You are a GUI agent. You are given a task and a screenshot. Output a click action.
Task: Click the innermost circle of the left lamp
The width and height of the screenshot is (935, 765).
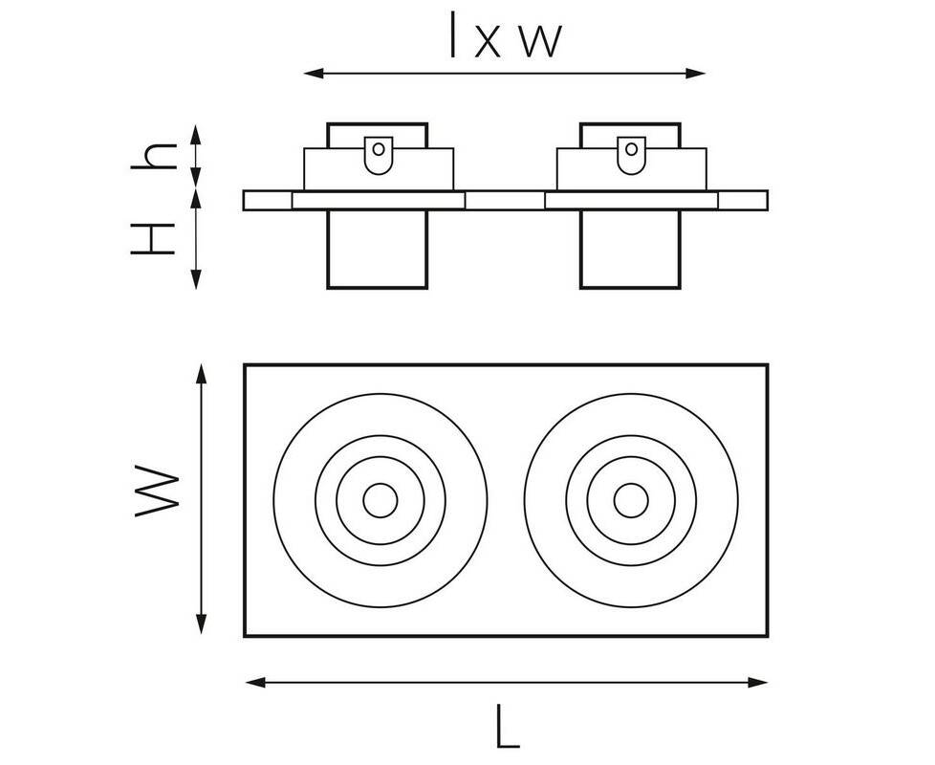[380, 499]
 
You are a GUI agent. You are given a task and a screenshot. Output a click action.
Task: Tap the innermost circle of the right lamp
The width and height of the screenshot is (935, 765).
[629, 499]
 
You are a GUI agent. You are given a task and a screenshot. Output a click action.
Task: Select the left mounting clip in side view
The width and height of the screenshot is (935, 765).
[379, 154]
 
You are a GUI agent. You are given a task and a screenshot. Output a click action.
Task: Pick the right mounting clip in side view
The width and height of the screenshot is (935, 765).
[630, 154]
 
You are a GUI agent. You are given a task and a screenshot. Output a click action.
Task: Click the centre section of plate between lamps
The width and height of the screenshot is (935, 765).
[505, 201]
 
